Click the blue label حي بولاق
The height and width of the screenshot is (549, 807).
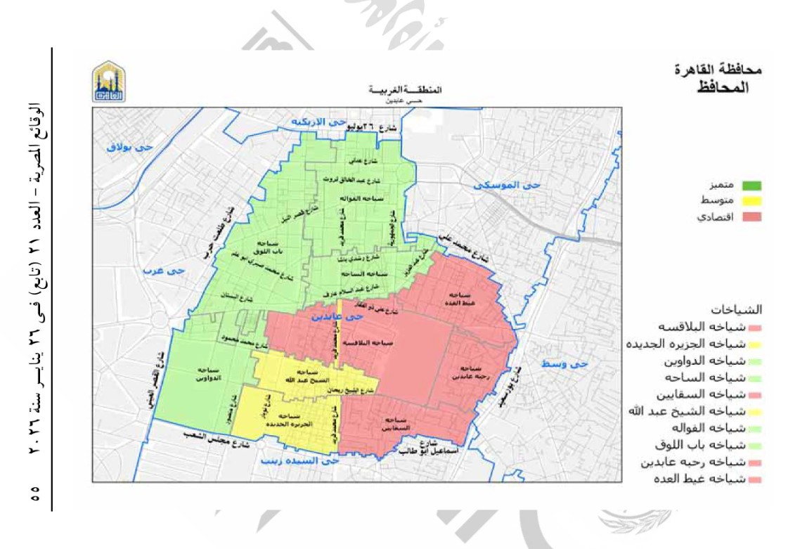[127, 147]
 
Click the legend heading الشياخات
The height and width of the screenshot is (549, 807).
[743, 309]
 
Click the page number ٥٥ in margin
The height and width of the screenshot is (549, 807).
[33, 493]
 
